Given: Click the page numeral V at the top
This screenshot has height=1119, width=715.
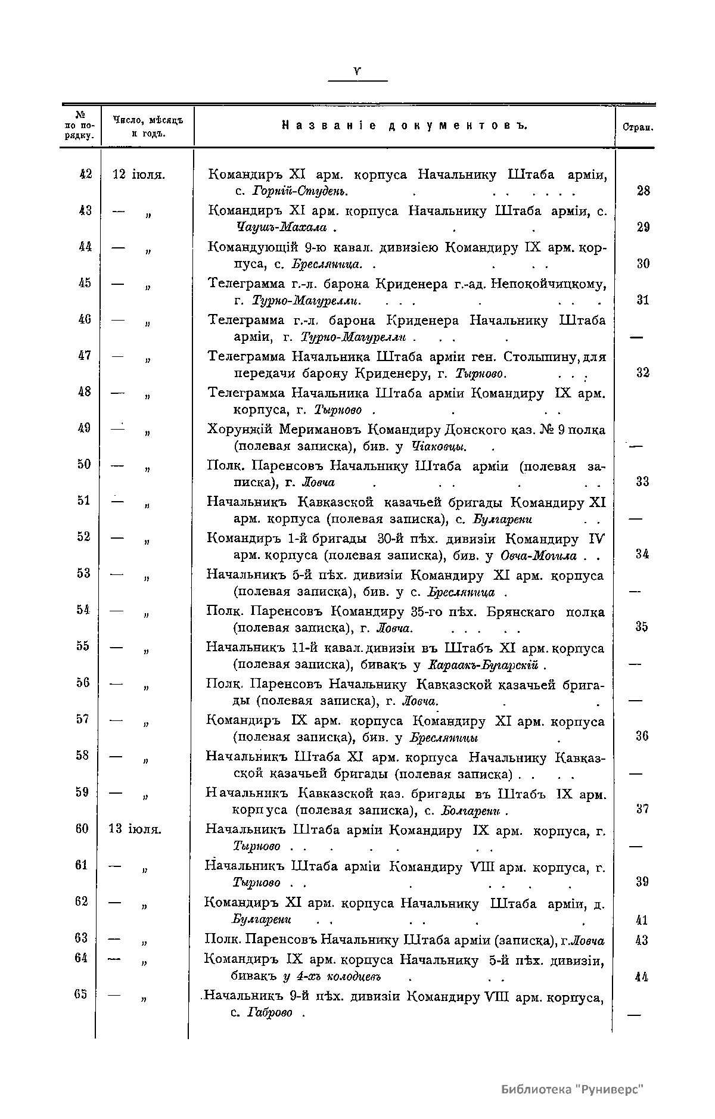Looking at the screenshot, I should [357, 71].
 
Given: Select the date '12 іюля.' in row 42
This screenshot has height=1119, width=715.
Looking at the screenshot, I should [139, 175].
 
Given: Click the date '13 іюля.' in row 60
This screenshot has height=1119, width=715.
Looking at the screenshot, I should [135, 829].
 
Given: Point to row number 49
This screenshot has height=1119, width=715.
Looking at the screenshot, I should [84, 427].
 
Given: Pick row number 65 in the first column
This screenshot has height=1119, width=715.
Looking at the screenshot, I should [82, 994].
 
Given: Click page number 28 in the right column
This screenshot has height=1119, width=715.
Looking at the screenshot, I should [643, 191].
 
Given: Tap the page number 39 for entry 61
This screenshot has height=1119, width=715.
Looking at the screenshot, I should [642, 882].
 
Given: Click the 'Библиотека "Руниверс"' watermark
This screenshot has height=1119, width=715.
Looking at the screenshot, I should [573, 1089].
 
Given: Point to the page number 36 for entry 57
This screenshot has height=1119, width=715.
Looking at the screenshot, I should [642, 736].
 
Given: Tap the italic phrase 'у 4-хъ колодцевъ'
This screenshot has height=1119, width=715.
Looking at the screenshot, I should [331, 977].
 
